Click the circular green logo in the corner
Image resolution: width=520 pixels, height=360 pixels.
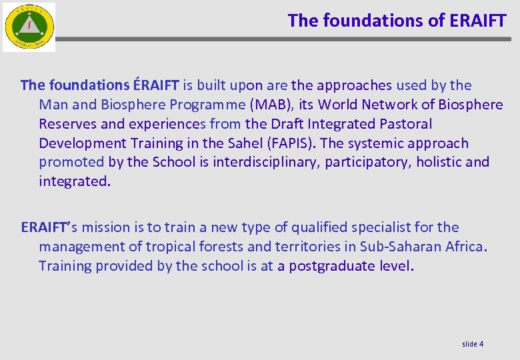(29, 27)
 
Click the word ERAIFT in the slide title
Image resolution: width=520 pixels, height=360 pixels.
(478, 21)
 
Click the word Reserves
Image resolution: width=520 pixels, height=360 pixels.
(68, 124)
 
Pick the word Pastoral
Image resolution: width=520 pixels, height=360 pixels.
(405, 124)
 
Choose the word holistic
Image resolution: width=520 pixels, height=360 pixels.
(439, 162)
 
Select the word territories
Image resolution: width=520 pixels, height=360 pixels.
(307, 247)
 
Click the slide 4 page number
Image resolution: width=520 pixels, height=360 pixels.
(473, 344)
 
